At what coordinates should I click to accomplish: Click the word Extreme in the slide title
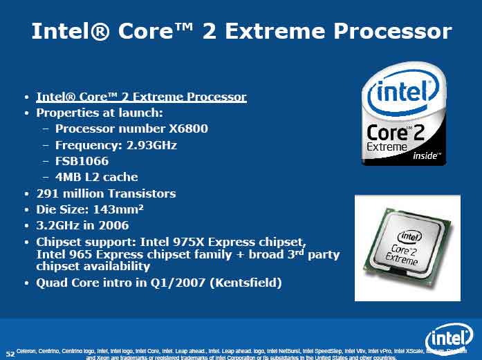tap(284, 30)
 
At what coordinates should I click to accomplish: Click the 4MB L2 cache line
tap(96, 177)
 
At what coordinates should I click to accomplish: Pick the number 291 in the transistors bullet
tap(48, 193)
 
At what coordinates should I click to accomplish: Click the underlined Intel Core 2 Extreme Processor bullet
tap(141, 97)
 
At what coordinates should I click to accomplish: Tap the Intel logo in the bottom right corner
tap(449, 339)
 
